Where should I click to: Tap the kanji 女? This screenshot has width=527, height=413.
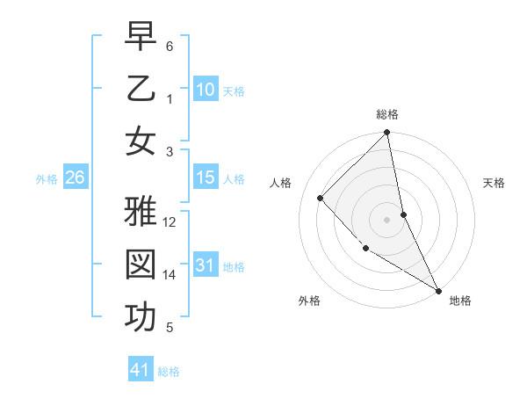tap(141, 141)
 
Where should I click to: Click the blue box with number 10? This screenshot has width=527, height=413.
tap(205, 89)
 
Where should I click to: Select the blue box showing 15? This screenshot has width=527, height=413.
tap(205, 178)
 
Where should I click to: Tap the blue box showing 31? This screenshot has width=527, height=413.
tap(205, 265)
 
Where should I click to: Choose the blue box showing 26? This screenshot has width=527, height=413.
tap(75, 178)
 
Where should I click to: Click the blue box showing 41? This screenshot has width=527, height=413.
tap(141, 370)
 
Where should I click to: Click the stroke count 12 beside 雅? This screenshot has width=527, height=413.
tap(170, 222)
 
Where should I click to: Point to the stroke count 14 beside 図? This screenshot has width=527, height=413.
tap(170, 275)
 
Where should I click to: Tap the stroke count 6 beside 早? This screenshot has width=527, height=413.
tap(170, 46)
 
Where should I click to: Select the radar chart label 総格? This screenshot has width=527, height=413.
tap(387, 114)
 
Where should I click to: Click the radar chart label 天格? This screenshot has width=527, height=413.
tap(495, 183)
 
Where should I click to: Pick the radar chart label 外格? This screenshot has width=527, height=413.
tap(309, 301)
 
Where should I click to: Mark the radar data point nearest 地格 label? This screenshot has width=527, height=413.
tap(437, 289)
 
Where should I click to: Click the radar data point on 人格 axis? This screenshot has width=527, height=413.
tap(321, 198)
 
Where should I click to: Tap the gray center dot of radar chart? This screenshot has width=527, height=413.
tap(387, 219)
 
